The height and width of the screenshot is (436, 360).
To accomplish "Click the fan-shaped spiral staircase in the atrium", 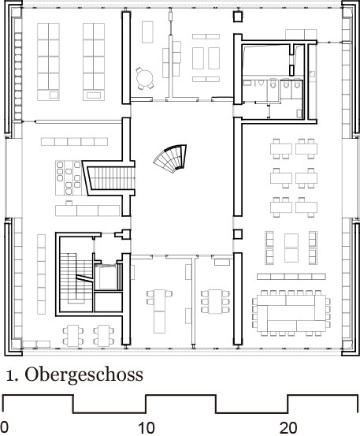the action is [171, 158].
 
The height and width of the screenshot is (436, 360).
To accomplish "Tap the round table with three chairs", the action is [144, 78].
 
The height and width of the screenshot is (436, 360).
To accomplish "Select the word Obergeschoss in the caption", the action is [84, 375].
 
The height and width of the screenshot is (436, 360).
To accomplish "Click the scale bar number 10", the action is [147, 428].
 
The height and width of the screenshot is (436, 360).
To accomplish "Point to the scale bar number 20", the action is [288, 428].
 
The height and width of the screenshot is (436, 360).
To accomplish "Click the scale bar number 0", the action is [4, 428].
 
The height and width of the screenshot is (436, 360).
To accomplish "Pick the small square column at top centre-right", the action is [237, 17].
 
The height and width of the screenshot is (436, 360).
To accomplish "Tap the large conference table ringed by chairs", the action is [291, 313].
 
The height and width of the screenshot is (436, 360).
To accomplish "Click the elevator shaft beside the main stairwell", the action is [106, 278].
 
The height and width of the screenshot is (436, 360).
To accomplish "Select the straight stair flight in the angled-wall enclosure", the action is [112, 178].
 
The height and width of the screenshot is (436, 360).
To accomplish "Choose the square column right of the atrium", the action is [237, 234].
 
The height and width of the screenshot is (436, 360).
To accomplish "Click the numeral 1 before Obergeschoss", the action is [11, 375].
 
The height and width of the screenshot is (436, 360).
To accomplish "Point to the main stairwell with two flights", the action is [76, 278].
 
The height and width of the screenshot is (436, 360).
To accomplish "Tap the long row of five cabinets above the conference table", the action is [291, 277].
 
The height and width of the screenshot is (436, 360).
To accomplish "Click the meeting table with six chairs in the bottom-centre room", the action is [216, 301].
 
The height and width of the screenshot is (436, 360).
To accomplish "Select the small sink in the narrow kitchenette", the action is [312, 73].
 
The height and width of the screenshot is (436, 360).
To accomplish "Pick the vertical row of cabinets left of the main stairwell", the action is [41, 274].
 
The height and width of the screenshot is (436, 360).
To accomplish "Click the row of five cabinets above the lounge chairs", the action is [75, 142].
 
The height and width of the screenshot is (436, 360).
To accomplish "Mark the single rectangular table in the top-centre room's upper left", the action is [147, 32].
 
